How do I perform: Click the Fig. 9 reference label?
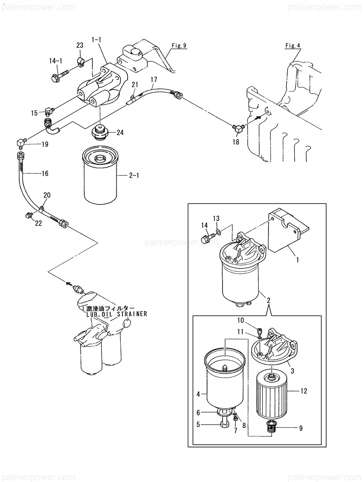click(x=179, y=46)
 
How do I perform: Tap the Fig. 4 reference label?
click(x=293, y=46)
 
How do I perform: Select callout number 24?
click(x=120, y=132)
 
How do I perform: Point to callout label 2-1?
click(x=134, y=175)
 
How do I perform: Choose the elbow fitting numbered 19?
click(x=21, y=143)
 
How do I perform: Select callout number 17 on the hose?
click(x=154, y=79)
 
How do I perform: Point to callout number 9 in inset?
click(x=300, y=428)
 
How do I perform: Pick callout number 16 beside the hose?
click(x=45, y=174)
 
